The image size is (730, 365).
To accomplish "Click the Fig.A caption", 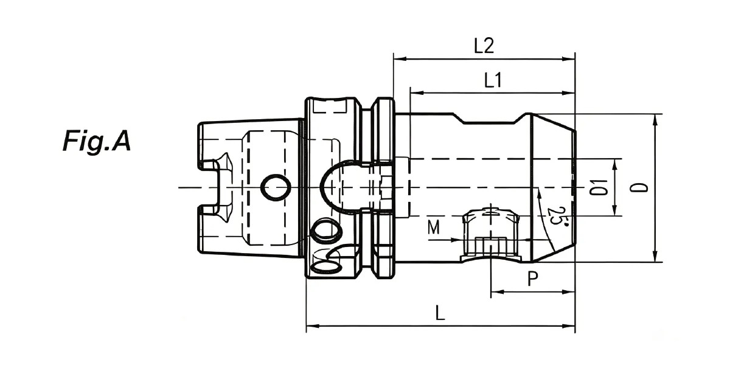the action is pos(97,141).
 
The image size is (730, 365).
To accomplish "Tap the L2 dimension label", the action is pos(484,46).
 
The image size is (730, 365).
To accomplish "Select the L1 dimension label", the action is pos(493,80).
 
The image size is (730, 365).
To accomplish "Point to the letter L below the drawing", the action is pos(440,313).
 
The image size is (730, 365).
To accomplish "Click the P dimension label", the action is pos(532,279).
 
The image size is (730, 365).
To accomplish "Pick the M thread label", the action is pos(434,227).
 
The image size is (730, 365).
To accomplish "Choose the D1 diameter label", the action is pos(599,187).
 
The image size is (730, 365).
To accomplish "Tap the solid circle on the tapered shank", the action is pos(276,188).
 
